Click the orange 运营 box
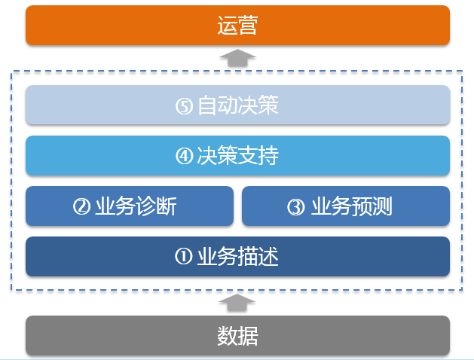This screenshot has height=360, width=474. [237, 26]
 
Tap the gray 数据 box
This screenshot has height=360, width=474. [237, 335]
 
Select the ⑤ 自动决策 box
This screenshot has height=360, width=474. [237, 105]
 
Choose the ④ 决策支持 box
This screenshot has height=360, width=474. [237, 156]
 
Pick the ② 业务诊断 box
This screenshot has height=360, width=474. [130, 206]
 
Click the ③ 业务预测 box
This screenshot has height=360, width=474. [346, 206]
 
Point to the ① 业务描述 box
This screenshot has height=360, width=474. [237, 257]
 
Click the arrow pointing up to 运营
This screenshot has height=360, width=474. [237, 57]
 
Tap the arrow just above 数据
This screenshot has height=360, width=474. [237, 304]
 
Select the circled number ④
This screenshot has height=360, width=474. [185, 157]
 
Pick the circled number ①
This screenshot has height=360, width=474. [185, 258]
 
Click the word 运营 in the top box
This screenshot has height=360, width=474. [237, 26]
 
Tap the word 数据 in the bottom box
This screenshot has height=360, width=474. [237, 335]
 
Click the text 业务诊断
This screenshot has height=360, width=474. [140, 206]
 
